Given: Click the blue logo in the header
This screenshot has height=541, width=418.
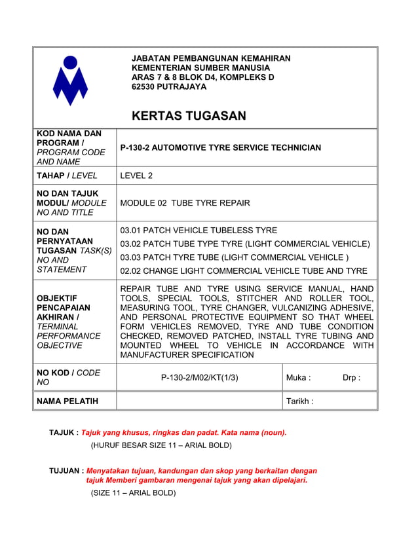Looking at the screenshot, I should tap(71, 81).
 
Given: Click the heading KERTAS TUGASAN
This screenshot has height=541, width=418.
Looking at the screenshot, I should tap(189, 116).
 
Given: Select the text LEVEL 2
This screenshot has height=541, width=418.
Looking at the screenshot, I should tap(136, 176).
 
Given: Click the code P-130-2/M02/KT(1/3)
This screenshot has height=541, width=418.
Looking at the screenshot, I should tap(199, 377).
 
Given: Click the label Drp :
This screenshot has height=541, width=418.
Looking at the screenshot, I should tap(351, 377).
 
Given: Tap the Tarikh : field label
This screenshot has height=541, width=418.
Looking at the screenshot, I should tap(299, 401).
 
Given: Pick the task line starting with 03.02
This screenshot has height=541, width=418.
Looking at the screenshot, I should tap(245, 244).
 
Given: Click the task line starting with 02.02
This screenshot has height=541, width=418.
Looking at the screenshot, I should tap(244, 270).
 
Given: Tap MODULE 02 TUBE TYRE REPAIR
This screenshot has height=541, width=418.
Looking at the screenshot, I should tap(185, 203).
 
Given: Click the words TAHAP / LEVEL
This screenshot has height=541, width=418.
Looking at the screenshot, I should tap(67, 176).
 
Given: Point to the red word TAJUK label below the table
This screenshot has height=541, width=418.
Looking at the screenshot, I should tap(64, 432).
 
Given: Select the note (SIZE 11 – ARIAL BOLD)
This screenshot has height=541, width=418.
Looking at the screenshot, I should tap(133, 493).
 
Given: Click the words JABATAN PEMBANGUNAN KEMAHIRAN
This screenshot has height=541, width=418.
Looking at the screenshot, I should tap(211, 58).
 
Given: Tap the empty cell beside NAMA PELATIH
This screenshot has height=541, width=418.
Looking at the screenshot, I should tap(199, 401).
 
